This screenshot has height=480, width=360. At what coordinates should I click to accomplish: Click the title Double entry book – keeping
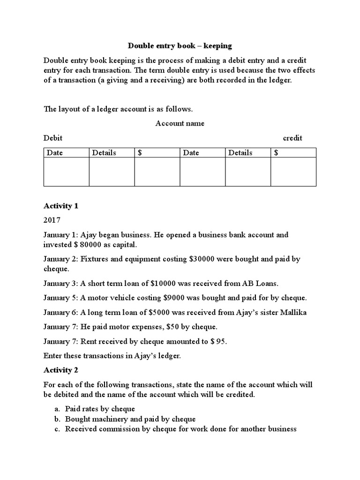[x=180, y=46]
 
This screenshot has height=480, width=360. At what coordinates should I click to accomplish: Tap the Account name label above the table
[x=180, y=123]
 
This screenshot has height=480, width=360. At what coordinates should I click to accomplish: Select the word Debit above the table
[x=53, y=138]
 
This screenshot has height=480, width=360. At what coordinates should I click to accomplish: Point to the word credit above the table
[x=292, y=138]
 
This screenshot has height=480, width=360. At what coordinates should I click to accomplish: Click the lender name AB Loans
[x=263, y=284]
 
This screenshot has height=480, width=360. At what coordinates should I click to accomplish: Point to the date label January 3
[x=60, y=284]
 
